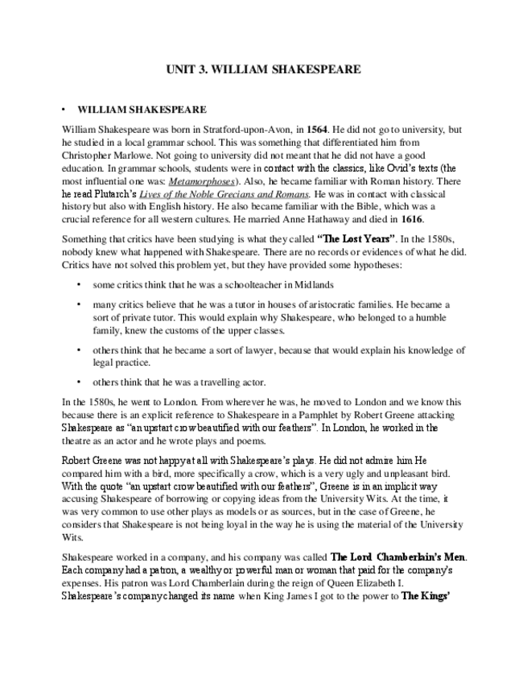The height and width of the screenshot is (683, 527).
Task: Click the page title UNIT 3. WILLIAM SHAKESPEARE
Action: coord(263,70)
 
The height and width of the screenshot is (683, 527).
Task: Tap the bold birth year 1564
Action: coord(316,129)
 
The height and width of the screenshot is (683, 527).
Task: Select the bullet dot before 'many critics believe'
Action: coord(79,304)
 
